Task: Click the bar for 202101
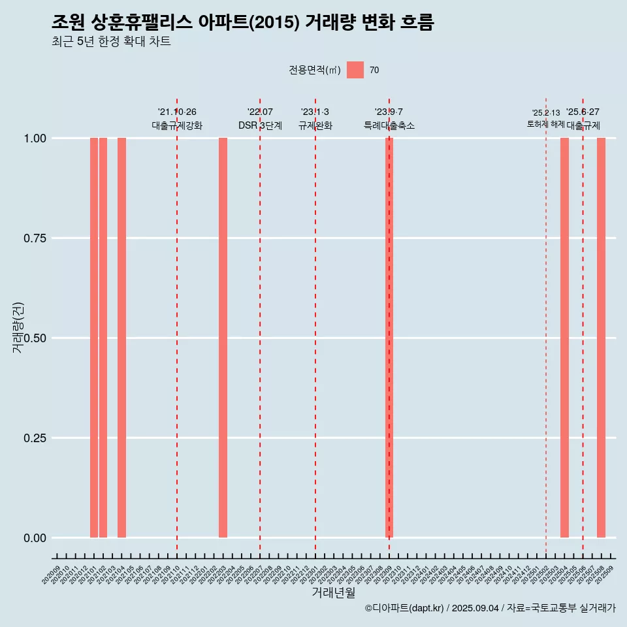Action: (94, 338)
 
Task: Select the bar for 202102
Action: (103, 338)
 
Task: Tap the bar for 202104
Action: (121, 338)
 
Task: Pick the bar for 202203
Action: (223, 338)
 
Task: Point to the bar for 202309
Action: (389, 338)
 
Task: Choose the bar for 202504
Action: (564, 338)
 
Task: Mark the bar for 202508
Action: (601, 338)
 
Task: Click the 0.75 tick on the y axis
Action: (33, 238)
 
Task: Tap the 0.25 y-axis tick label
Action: (33, 438)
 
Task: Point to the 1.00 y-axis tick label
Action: (33, 138)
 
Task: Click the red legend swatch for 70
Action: (355, 70)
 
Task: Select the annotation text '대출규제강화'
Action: (177, 125)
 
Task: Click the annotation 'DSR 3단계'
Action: (260, 125)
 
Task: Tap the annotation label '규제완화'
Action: (315, 125)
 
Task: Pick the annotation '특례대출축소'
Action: (389, 125)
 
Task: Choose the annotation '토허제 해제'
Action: (546, 124)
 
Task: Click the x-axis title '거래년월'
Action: (333, 592)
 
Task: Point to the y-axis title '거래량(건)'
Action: (18, 327)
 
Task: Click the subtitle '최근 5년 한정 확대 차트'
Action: (111, 42)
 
